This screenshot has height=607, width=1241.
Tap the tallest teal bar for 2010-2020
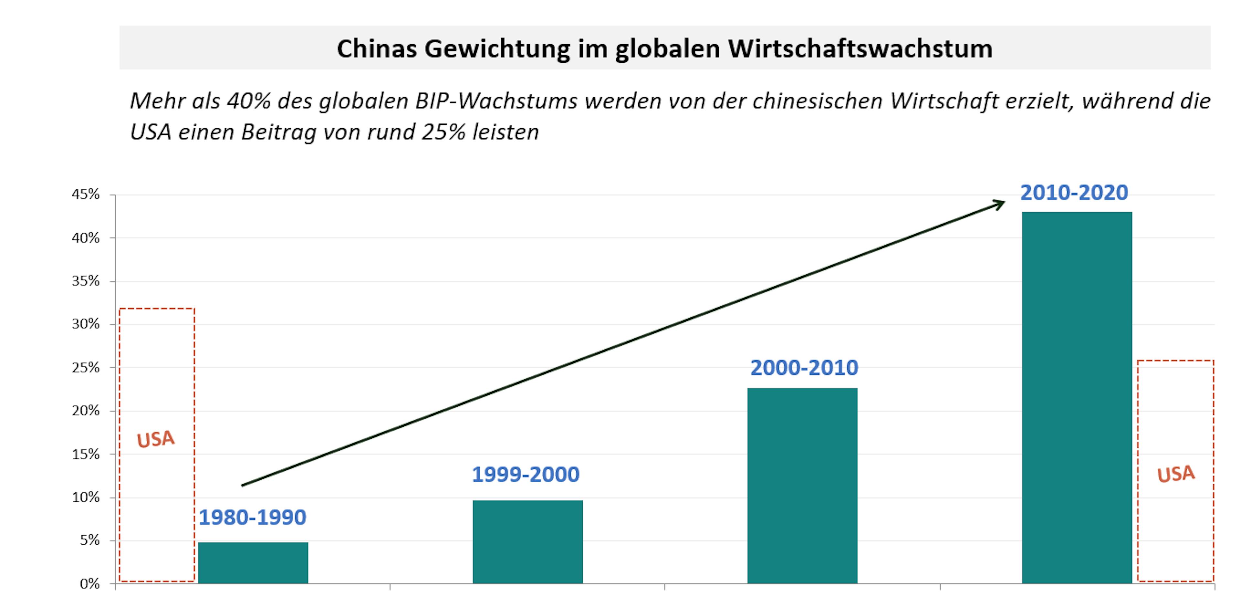(1077, 398)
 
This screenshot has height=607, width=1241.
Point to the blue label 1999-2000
(525, 474)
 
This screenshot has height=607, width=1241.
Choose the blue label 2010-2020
(1074, 193)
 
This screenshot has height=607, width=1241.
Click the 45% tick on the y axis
(86, 195)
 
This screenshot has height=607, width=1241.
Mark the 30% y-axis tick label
(86, 324)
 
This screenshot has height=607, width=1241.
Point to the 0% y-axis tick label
(90, 584)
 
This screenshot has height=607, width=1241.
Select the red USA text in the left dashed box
(155, 439)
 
